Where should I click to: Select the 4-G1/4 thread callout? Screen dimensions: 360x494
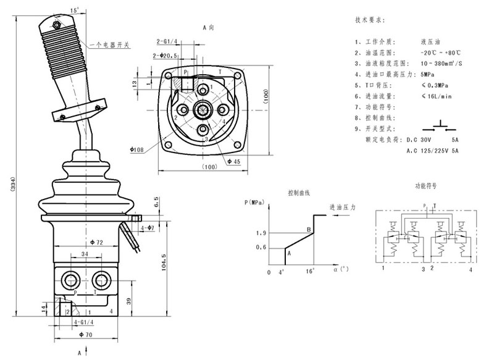click(84, 322)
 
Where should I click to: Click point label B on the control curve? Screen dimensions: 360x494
click(308, 230)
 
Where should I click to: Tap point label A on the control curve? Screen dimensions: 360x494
click(289, 253)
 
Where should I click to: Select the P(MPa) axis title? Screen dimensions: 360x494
click(254, 202)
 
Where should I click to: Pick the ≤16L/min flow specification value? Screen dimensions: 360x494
click(436, 96)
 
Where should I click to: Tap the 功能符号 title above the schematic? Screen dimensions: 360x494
click(425, 185)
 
